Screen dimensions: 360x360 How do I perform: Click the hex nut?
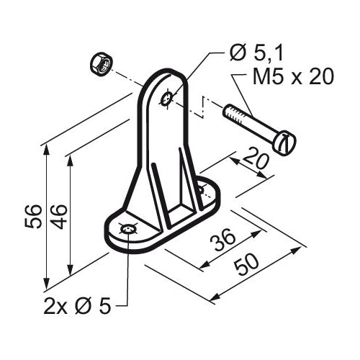102,64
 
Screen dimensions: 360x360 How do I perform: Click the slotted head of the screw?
285,143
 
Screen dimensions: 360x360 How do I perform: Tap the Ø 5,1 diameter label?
256,53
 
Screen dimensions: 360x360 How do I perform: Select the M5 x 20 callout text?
293,76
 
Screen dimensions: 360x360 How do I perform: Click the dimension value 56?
33,216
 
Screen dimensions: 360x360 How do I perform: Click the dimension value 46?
58,217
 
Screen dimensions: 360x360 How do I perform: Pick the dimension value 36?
222,239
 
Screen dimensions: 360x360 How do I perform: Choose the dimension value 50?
247,264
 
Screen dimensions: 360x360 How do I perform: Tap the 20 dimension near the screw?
255,158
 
